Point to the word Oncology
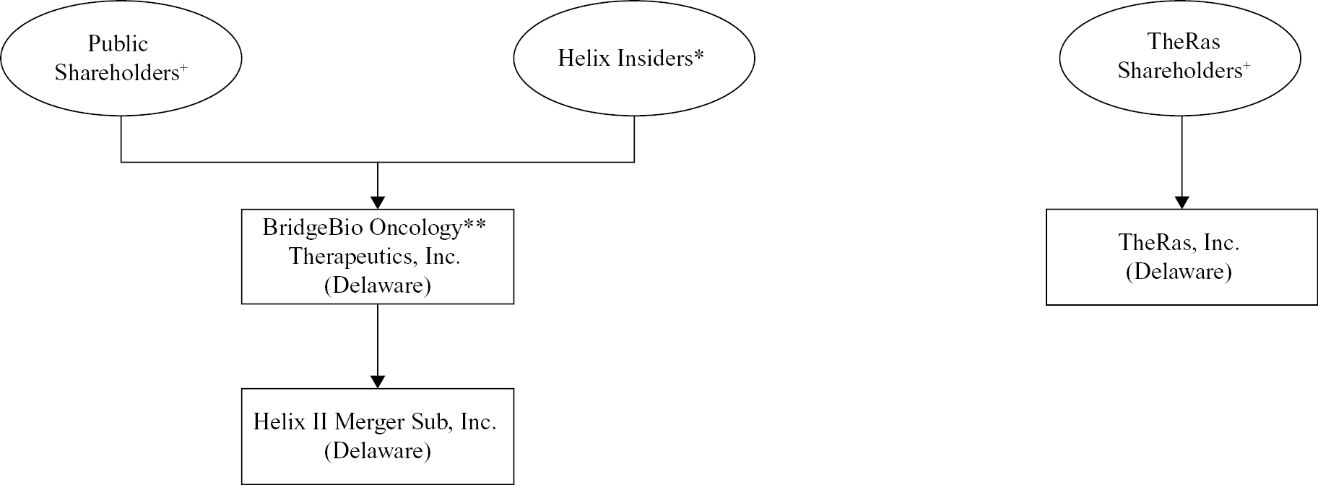click(415, 228)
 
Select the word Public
click(118, 43)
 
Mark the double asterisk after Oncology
click(474, 224)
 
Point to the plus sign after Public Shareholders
click(183, 67)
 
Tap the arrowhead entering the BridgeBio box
click(378, 202)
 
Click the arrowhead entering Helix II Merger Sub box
click(378, 382)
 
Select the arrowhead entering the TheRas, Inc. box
click(1182, 202)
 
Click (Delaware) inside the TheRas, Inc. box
click(1179, 272)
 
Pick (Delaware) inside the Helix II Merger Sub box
click(378, 451)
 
